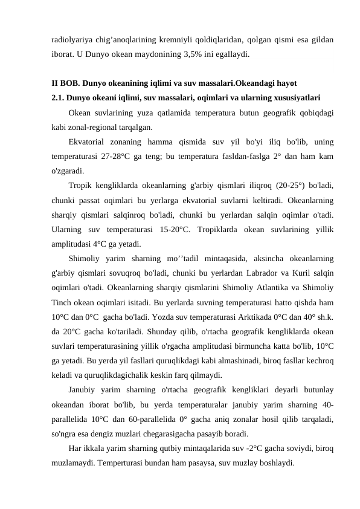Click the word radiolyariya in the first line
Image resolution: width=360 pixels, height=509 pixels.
click(x=71, y=39)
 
